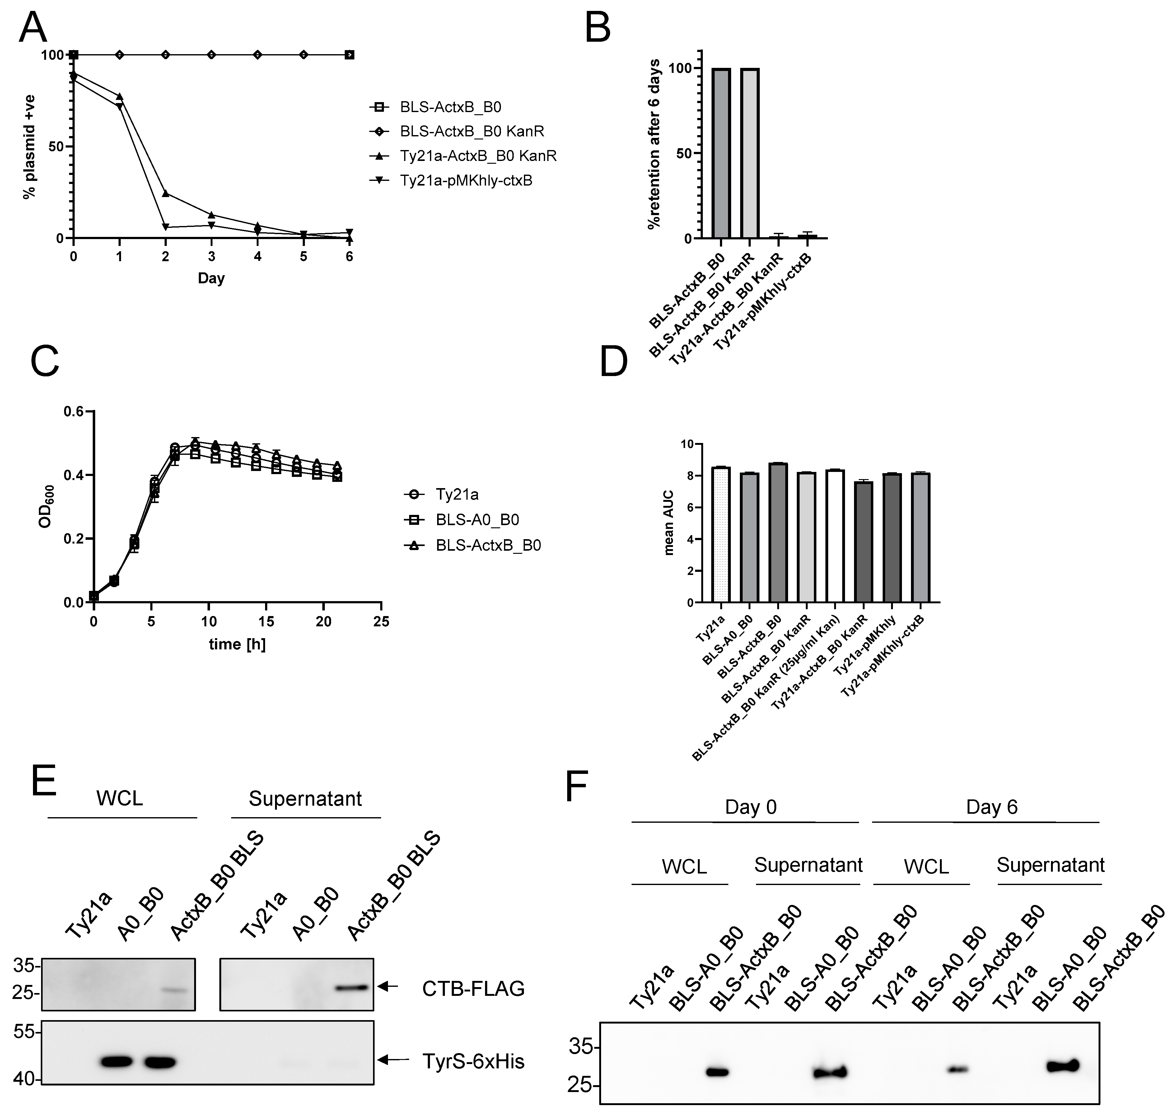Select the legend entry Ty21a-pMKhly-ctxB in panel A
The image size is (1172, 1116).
coord(465,180)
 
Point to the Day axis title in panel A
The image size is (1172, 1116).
coord(211,278)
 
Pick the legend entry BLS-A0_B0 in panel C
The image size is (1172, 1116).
coord(477,520)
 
